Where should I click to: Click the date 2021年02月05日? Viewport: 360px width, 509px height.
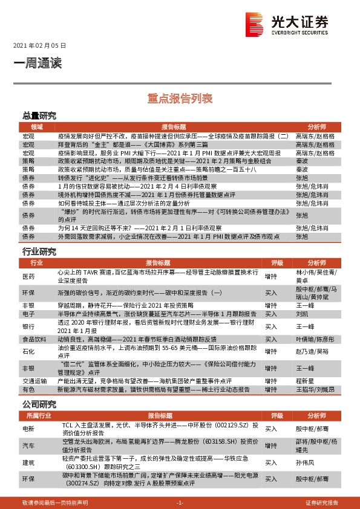pos(39,45)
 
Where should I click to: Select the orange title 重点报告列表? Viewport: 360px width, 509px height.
pos(180,97)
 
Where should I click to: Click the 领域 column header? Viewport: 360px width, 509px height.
pos(28,127)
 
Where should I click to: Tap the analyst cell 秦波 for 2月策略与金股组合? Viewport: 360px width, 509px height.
pos(301,161)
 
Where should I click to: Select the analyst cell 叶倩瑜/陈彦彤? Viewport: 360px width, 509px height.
pos(313,340)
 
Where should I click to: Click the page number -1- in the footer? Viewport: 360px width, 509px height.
pos(179,502)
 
